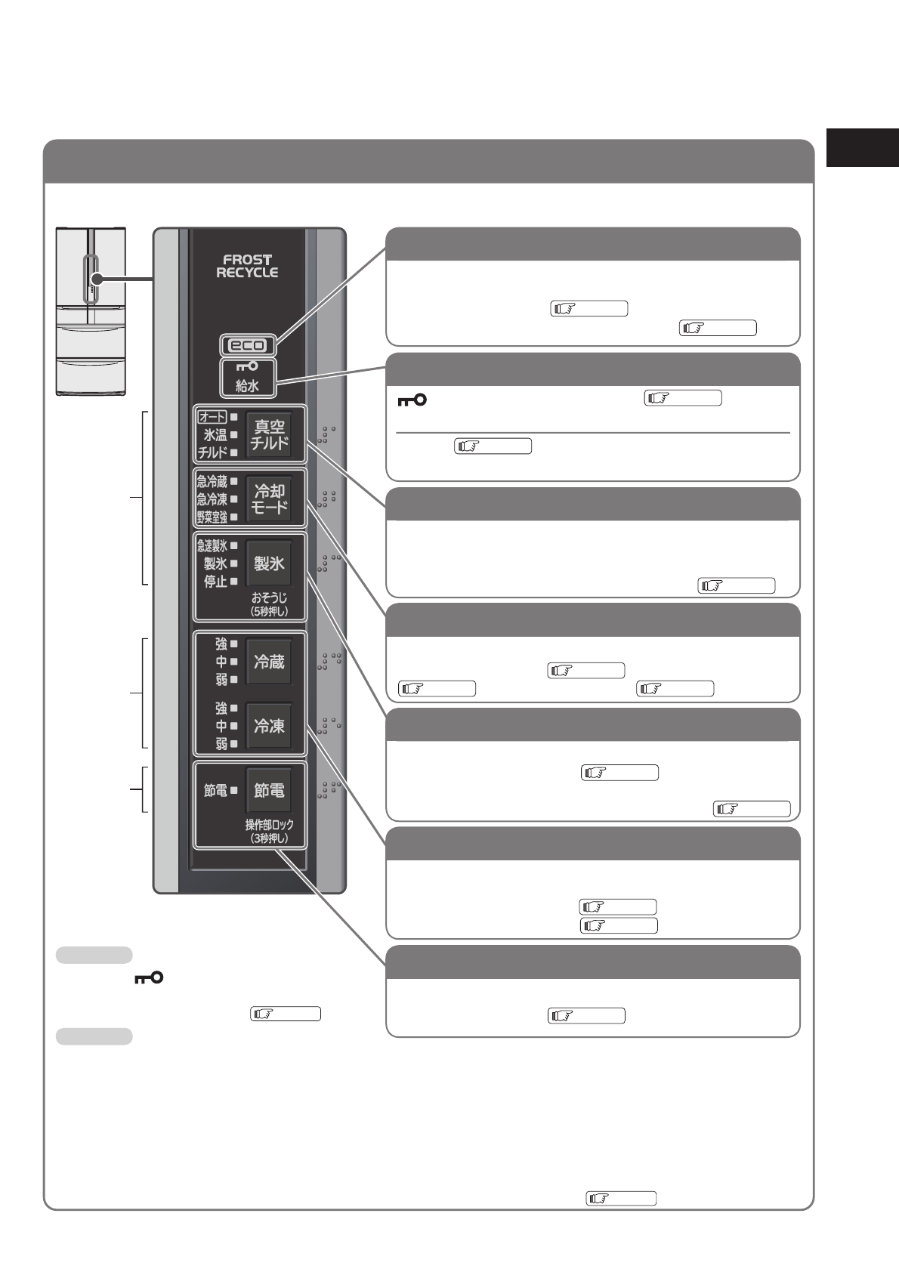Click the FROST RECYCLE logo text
coord(247,266)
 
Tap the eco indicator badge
coord(248,345)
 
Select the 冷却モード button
coord(269,499)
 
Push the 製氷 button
coord(269,563)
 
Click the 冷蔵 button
coord(269,662)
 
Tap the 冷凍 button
coord(269,726)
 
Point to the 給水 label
coord(248,386)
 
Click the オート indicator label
coord(212,416)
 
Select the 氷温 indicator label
coord(215,434)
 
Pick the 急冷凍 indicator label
coord(212,499)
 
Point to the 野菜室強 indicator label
coord(212,517)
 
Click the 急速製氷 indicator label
coord(212,545)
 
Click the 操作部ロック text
coord(269,825)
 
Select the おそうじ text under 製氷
coord(269,598)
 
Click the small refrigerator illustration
coord(91,310)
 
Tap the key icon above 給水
coord(248,367)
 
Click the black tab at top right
coord(862,147)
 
